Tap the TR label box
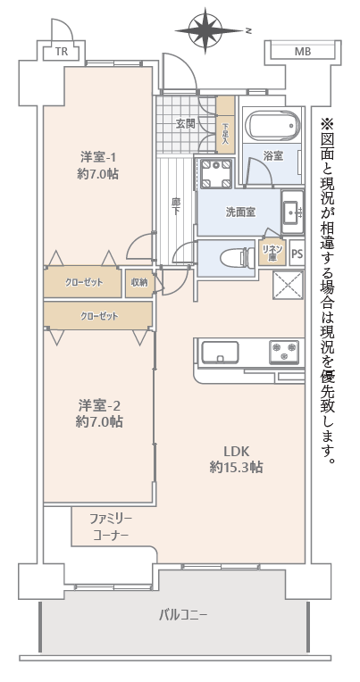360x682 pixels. [62, 53]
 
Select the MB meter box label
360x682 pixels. [303, 52]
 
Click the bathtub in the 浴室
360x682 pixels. [272, 124]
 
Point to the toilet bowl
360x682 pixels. [237, 258]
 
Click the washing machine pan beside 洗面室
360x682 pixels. [216, 173]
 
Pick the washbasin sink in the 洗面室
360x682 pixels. [293, 212]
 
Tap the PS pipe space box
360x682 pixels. [297, 253]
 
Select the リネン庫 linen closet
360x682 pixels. [272, 252]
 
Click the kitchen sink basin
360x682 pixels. [220, 352]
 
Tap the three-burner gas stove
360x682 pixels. [284, 352]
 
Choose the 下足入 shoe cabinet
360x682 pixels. [225, 124]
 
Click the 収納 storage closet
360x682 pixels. [139, 283]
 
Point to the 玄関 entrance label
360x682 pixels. [185, 124]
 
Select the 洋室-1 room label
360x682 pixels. [98, 155]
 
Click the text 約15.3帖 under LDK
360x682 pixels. [236, 467]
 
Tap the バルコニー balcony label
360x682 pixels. [183, 615]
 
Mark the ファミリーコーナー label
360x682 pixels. [111, 527]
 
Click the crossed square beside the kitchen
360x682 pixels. [289, 285]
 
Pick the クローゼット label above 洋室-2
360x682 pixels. [99, 316]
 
